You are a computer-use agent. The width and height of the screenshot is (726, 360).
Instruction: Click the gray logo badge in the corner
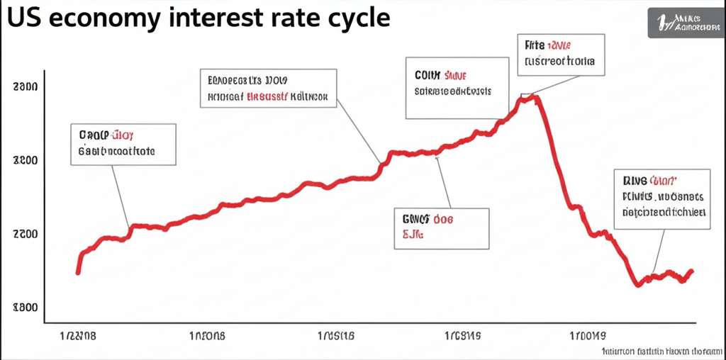pos(686,23)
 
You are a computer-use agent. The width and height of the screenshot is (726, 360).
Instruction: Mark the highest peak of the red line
pos(529,98)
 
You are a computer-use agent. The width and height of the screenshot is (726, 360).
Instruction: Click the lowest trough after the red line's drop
pos(638,284)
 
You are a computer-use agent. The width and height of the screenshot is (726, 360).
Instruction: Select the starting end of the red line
pos(78,272)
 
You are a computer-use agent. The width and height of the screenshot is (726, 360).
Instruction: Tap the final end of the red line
pos(692,271)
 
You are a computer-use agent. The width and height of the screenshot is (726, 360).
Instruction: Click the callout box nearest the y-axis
pos(123,145)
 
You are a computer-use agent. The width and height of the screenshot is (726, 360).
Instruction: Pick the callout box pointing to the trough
pos(662,199)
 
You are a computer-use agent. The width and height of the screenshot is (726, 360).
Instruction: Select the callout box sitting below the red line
pos(440,228)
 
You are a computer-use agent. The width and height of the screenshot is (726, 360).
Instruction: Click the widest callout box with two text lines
pos(267,88)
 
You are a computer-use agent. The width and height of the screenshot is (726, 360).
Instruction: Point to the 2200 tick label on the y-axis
pos(25,234)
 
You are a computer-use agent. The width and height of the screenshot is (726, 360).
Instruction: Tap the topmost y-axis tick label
pos(25,87)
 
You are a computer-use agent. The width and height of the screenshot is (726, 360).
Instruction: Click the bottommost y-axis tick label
pos(25,308)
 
